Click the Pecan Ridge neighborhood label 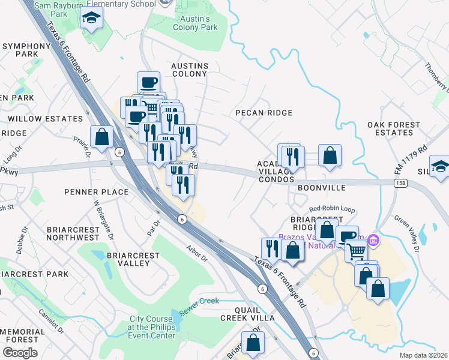pyautogui.click(x=264, y=113)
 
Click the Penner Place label pyautogui.click(x=96, y=192)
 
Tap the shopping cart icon pyautogui.click(x=356, y=251)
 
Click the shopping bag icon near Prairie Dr pyautogui.click(x=102, y=136)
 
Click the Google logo pyautogui.click(x=20, y=353)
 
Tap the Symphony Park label pyautogui.click(x=26, y=50)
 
